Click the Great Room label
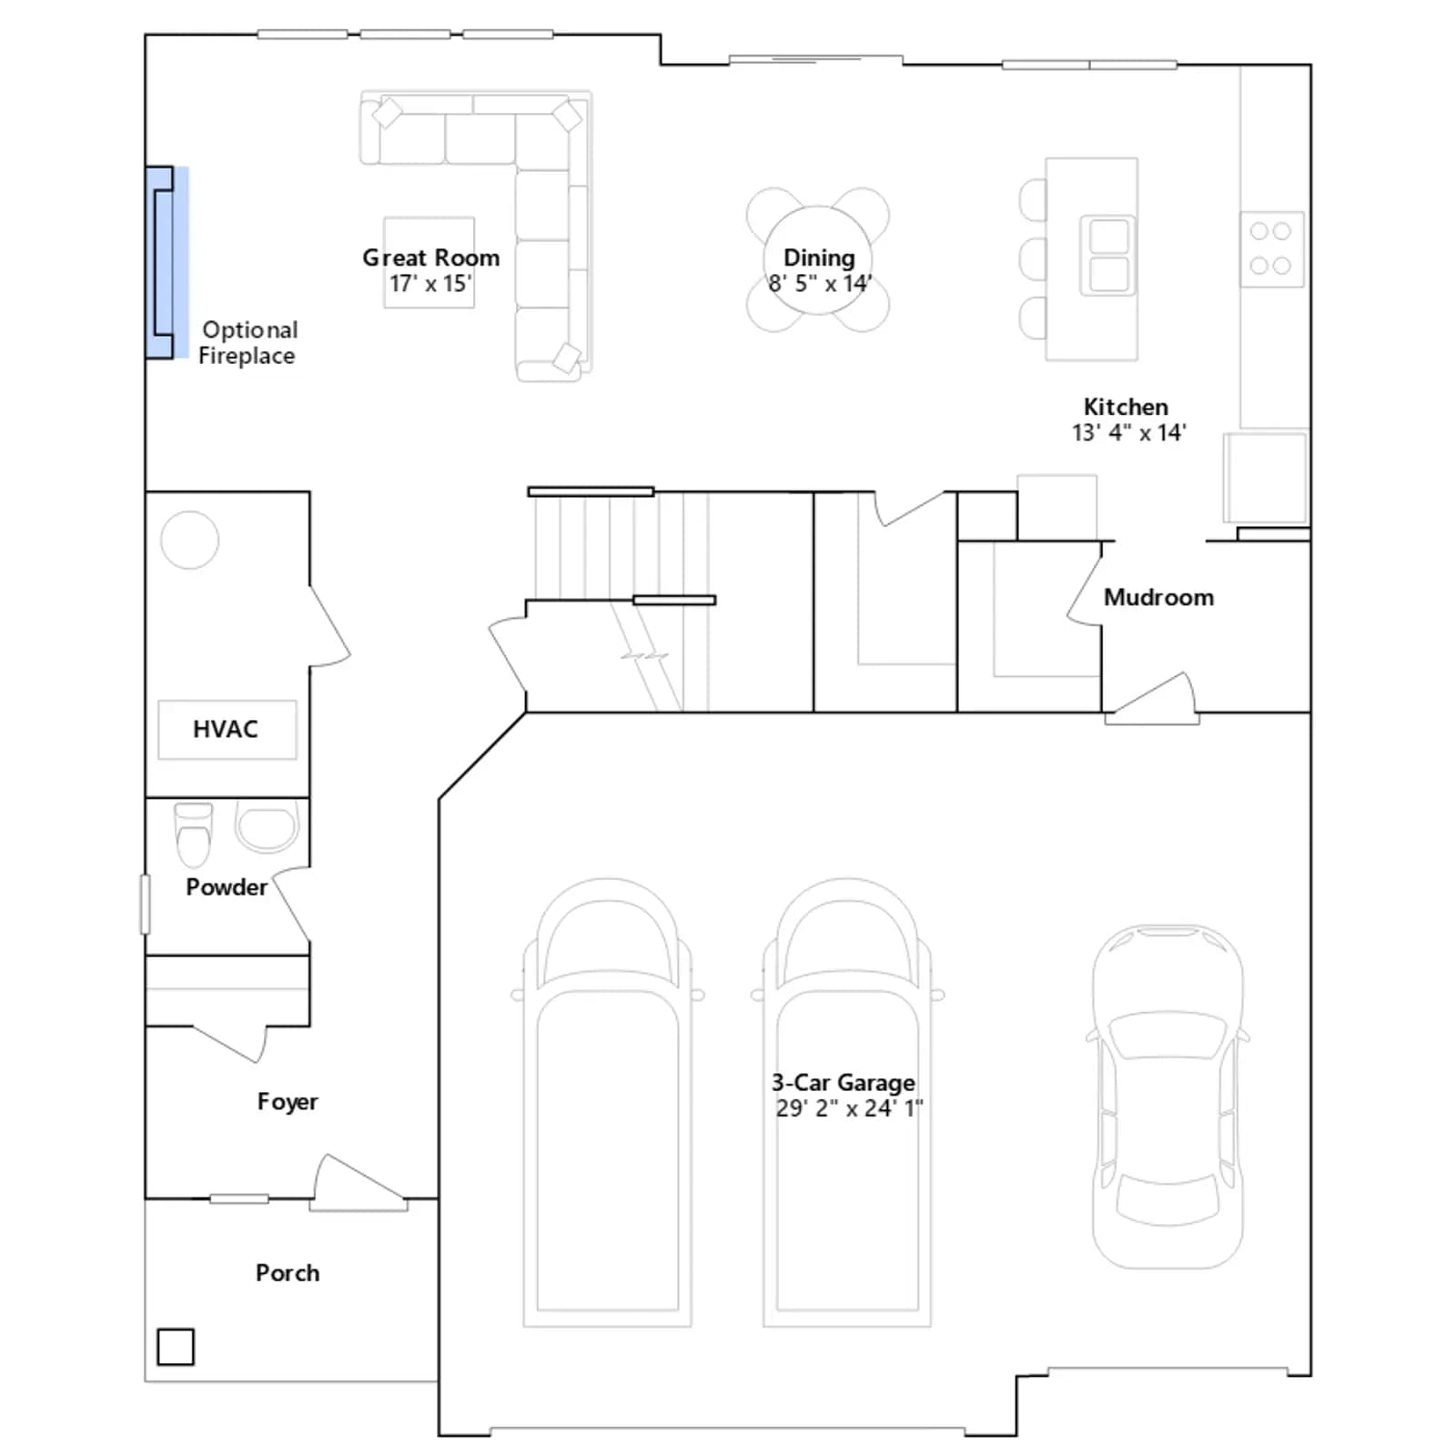431,258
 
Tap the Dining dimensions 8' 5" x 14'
820,283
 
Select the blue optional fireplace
167,262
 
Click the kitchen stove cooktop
1271,248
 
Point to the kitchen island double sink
1107,255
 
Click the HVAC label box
227,729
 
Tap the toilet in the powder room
193,834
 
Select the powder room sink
267,825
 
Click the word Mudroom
1158,597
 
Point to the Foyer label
288,1102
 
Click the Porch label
288,1272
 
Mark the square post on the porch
176,1347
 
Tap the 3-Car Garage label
844,1082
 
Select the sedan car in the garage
1168,1097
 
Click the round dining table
818,260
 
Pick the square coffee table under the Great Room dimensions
430,262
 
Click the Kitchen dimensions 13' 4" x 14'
1129,432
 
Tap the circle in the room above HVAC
189,540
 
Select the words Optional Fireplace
248,342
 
